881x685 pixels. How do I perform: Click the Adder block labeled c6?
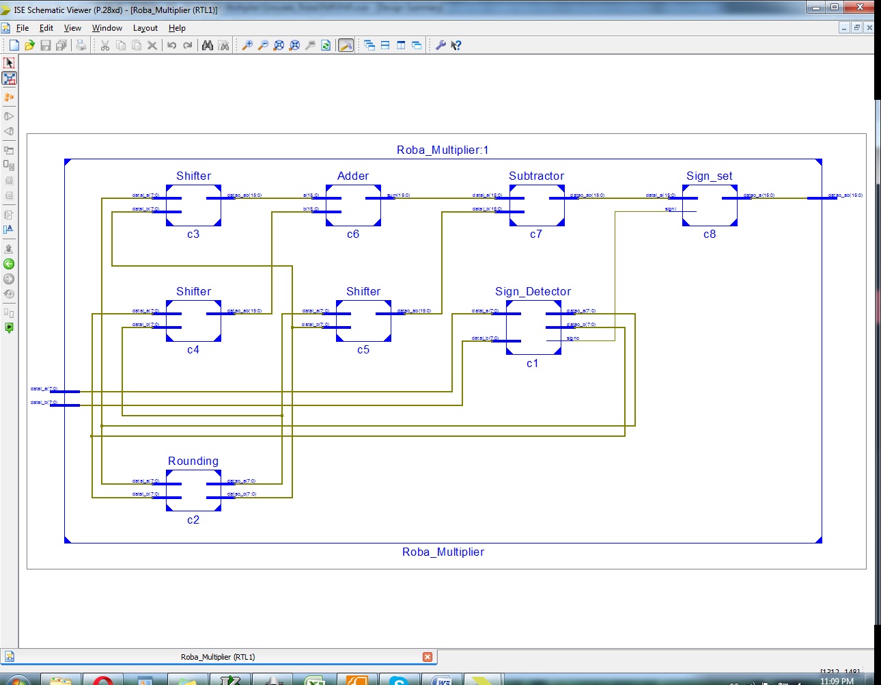[x=353, y=205]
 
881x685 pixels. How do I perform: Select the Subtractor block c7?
[x=537, y=205]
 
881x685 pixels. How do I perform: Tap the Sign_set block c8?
[x=710, y=205]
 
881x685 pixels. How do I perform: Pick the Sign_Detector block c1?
[x=533, y=327]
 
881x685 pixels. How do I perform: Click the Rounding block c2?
[x=193, y=490]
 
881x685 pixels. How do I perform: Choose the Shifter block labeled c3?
[x=193, y=205]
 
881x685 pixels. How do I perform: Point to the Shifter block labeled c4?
[x=193, y=321]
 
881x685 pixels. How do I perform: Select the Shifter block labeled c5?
[x=363, y=321]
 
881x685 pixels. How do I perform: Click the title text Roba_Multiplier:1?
[x=443, y=150]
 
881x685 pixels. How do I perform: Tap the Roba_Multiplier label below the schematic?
[x=443, y=552]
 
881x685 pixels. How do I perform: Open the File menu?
[x=23, y=28]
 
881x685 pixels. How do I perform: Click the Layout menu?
[x=145, y=28]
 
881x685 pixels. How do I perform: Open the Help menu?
[x=177, y=28]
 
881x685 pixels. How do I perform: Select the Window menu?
[x=107, y=28]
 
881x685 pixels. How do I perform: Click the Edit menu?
[x=46, y=28]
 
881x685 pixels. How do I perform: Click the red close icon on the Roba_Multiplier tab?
[x=428, y=657]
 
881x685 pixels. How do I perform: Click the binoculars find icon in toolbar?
[x=208, y=45]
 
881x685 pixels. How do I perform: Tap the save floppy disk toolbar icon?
[x=46, y=45]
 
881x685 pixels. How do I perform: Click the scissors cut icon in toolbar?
[x=105, y=45]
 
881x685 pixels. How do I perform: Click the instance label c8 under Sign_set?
[x=710, y=234]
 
